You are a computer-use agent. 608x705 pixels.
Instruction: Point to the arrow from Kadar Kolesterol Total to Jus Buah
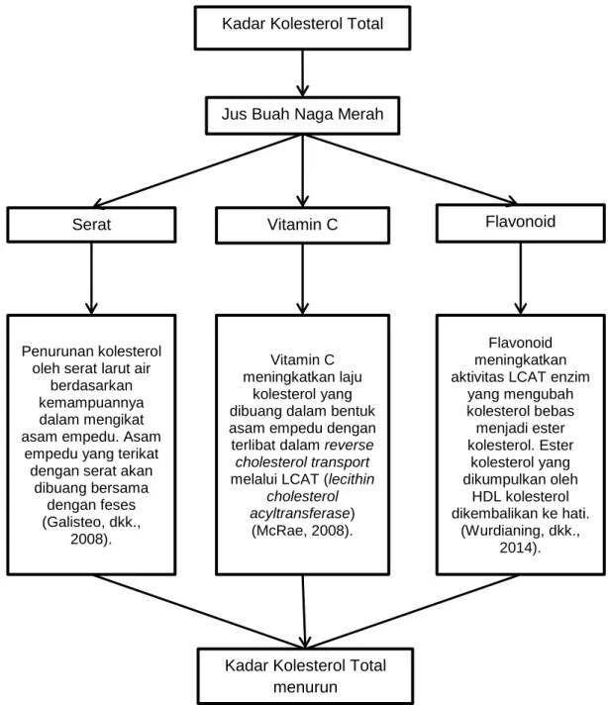coord(302,73)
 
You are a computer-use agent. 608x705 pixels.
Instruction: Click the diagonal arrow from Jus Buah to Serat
coord(198,171)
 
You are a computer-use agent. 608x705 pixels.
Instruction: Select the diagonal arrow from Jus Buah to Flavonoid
coord(409,169)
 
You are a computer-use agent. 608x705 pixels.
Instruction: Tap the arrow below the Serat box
coord(91,278)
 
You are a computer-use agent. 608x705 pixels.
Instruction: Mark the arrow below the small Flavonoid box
coord(520,278)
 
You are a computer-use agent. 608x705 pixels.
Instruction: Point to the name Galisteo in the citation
coord(69,522)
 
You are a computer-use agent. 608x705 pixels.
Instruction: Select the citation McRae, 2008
coord(302,531)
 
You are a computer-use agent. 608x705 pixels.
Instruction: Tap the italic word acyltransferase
coord(299,513)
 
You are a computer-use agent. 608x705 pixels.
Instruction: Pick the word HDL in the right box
coord(486,496)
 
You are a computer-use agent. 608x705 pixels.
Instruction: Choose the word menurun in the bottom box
coord(305,687)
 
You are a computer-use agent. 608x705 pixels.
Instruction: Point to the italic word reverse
coord(349,446)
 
